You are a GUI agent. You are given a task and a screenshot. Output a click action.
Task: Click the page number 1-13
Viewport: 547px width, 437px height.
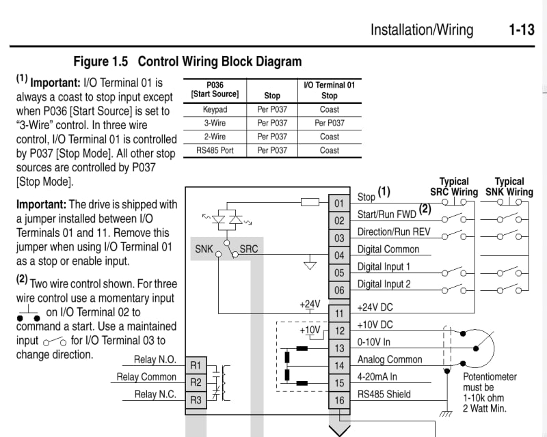click(522, 29)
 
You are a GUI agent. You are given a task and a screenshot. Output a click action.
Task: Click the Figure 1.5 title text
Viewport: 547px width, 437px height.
click(187, 61)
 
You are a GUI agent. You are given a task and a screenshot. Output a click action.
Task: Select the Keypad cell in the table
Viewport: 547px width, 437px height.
click(215, 109)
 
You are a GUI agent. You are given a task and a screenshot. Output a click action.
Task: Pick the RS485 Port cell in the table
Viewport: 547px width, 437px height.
click(215, 150)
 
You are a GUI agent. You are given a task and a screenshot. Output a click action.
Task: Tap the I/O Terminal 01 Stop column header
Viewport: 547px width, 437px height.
click(329, 90)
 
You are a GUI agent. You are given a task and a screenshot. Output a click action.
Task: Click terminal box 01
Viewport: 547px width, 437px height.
click(339, 203)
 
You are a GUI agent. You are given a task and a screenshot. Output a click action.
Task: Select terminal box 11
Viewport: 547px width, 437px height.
click(339, 314)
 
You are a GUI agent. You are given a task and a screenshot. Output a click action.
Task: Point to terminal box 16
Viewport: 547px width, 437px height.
click(339, 401)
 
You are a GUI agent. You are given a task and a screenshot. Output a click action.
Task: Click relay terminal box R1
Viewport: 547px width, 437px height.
click(196, 365)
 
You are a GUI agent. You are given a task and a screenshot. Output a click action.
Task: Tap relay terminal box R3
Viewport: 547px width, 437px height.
click(196, 400)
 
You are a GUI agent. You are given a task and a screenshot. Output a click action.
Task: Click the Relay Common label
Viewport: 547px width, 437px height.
click(146, 377)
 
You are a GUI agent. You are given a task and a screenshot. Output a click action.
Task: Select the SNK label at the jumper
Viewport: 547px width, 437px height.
click(204, 249)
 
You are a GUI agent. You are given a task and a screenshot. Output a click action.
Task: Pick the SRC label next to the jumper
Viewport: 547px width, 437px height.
click(249, 249)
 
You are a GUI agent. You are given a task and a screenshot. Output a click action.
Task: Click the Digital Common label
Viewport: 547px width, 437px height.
click(388, 249)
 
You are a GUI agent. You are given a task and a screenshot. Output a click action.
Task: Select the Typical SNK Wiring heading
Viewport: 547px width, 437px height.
click(509, 186)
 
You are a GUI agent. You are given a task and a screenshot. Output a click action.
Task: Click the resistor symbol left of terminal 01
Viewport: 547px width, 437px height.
click(310, 201)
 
